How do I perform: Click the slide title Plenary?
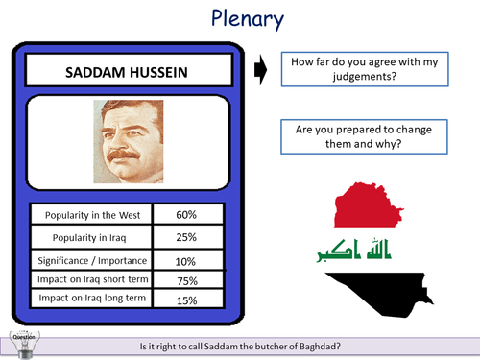coord(239,20)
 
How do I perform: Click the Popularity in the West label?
coord(90,213)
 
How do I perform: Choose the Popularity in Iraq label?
coord(90,236)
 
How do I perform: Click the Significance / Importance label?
coord(90,259)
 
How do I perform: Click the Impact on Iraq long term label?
coord(90,300)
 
